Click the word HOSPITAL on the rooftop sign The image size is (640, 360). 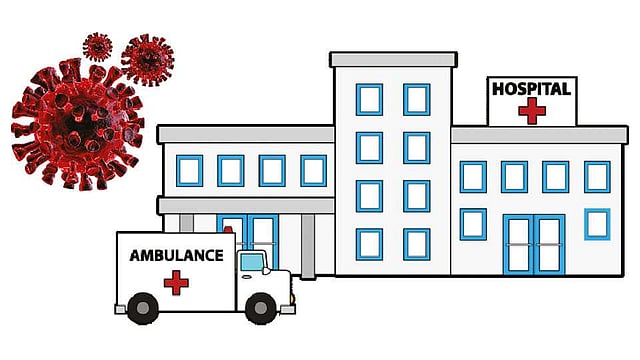531,89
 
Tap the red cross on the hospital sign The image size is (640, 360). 532,110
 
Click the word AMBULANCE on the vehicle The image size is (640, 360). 177,256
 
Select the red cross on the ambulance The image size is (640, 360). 176,282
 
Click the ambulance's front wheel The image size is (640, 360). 261,308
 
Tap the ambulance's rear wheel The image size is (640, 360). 143,308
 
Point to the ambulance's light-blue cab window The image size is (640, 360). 252,262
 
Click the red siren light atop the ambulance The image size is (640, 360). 228,229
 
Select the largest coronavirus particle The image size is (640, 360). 78,124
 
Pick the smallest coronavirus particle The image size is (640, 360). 98,47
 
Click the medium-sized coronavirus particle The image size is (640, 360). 148,60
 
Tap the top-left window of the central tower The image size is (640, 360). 369,100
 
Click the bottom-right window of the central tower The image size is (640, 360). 416,244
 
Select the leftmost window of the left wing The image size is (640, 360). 189,171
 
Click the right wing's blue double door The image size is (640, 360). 534,244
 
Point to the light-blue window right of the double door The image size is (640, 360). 597,224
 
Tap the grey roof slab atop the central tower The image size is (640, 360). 393,60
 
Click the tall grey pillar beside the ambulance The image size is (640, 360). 308,247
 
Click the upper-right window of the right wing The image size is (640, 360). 597,177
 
